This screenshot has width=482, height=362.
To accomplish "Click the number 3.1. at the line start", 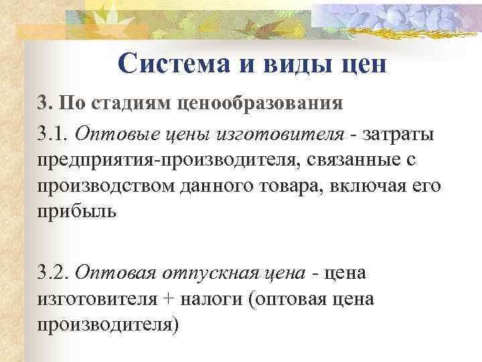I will (x=53, y=133).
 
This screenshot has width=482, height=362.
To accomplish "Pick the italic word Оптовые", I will (x=109, y=133).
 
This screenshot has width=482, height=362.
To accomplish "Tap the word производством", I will (x=101, y=186).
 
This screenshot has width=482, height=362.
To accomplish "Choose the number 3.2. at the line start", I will (x=54, y=272).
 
